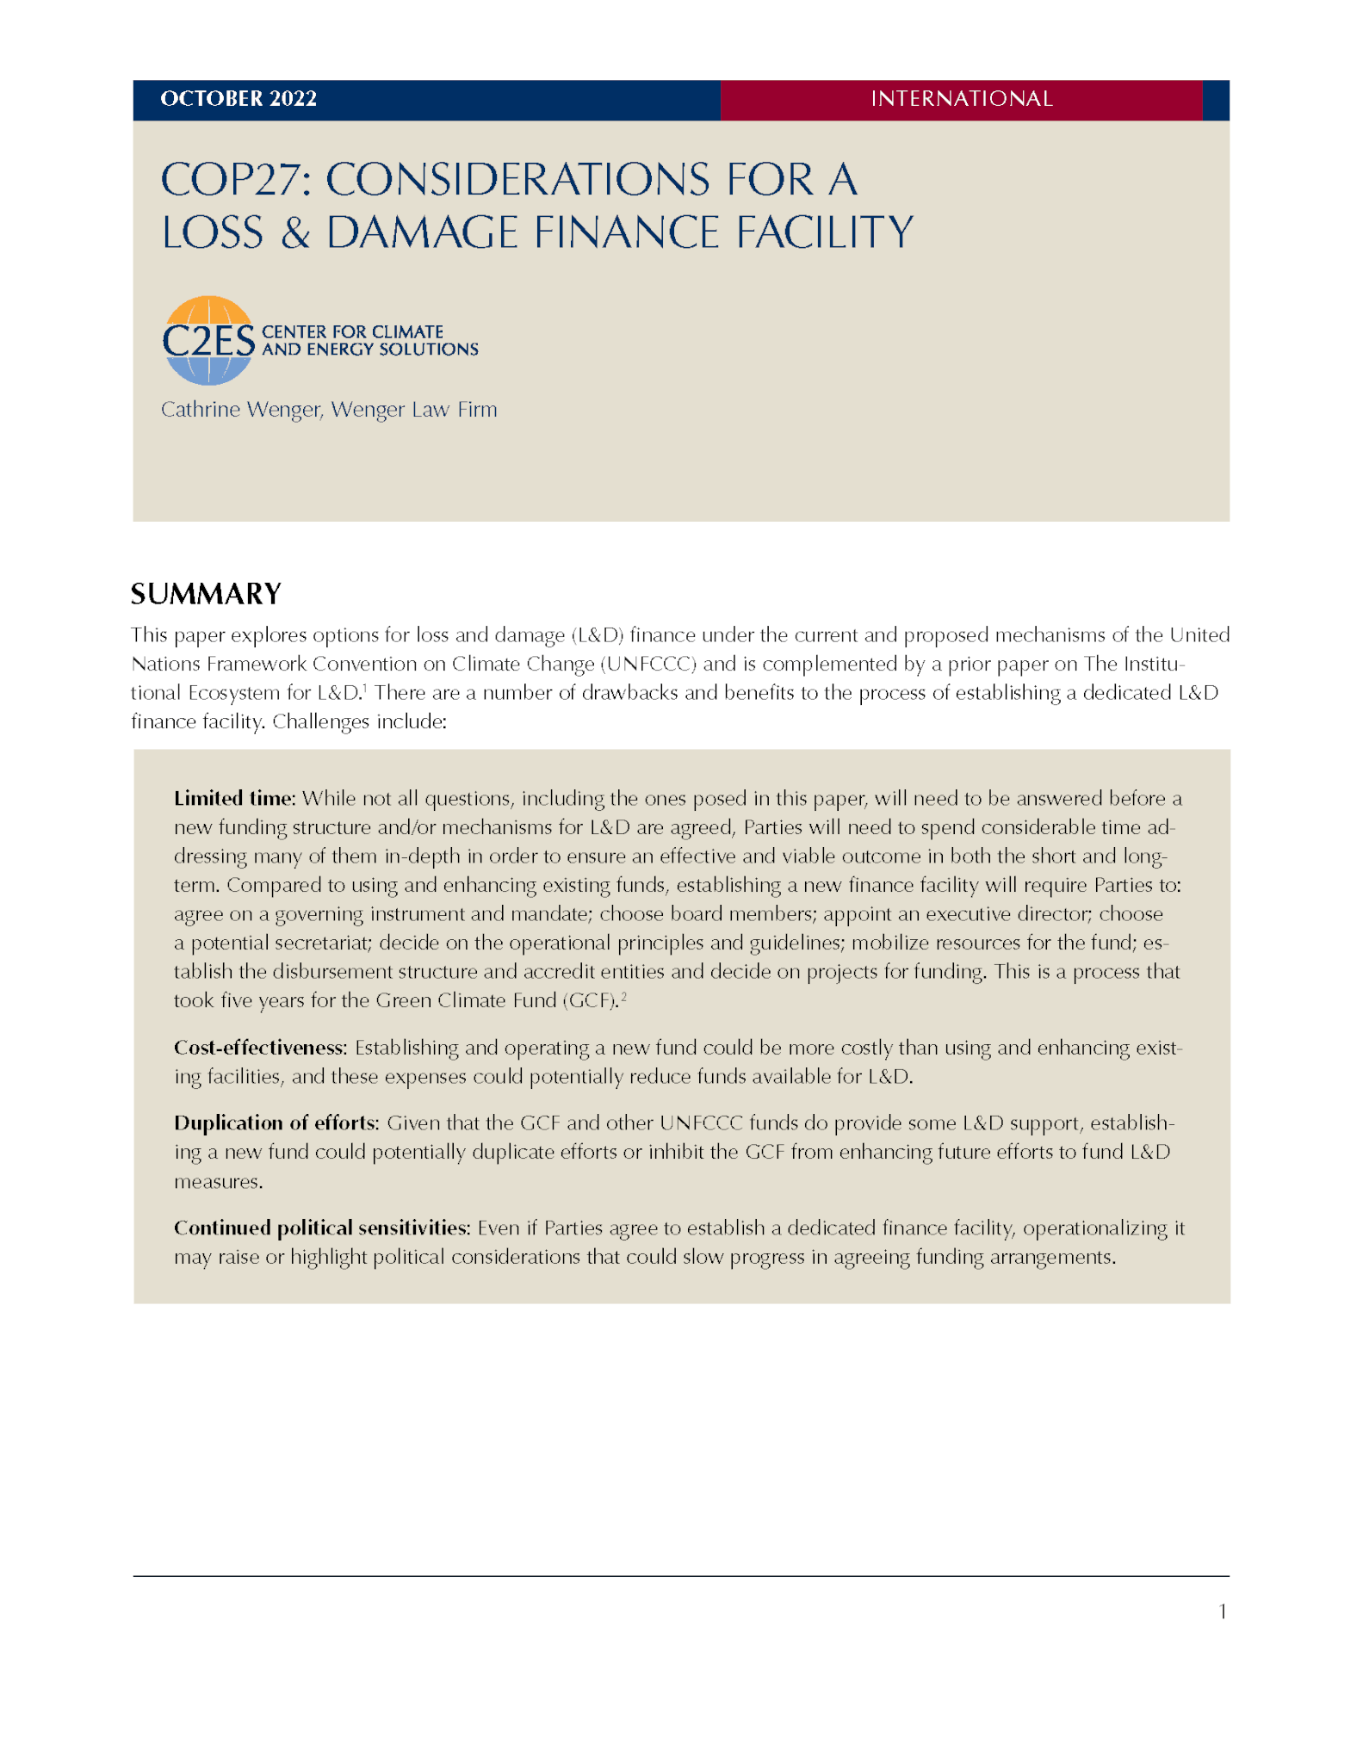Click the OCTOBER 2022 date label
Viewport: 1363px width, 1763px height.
tap(239, 99)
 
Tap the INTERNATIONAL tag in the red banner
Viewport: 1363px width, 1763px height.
tap(961, 99)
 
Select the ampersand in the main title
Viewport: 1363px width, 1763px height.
tap(294, 233)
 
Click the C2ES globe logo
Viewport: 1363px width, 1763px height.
tap(208, 341)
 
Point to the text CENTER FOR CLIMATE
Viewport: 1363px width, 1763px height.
tap(352, 331)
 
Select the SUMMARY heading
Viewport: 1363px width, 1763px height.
tap(206, 594)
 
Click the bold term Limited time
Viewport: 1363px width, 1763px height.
tap(233, 799)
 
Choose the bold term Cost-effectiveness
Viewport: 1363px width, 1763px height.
tap(259, 1048)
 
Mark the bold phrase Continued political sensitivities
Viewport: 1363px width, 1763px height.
tap(321, 1228)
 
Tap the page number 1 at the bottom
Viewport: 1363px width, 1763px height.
tap(1223, 1611)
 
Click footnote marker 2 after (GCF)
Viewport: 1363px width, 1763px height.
tap(623, 997)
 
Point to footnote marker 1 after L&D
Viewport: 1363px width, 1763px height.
tap(365, 689)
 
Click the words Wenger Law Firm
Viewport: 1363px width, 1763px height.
tap(414, 410)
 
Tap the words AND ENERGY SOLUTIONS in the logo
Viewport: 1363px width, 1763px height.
tap(369, 350)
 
